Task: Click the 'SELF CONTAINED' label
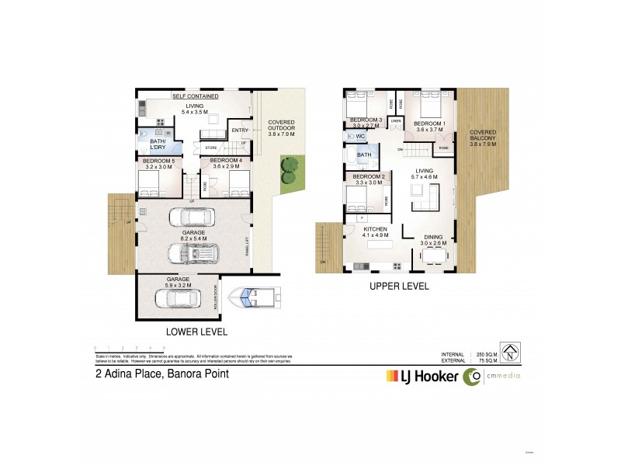[195, 96]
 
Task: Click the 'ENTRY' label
[240, 130]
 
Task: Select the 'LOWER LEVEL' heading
[196, 332]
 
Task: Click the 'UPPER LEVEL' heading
[400, 286]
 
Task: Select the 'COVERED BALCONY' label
[483, 137]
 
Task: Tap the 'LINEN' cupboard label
[396, 120]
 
